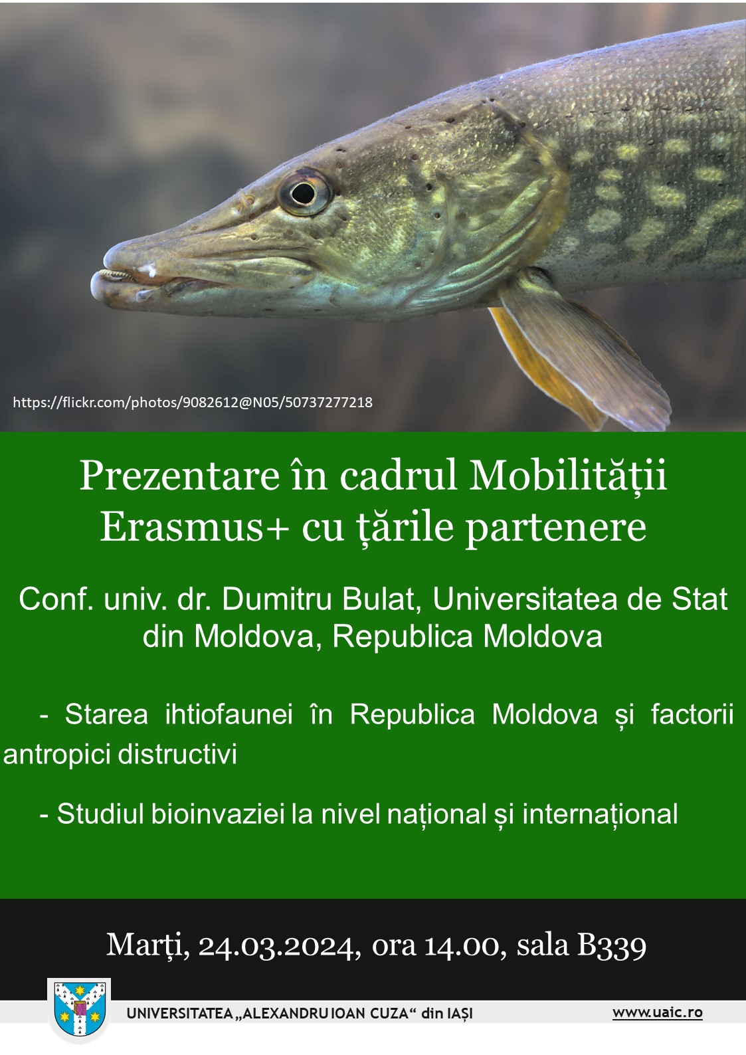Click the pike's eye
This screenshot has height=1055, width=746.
(304, 192)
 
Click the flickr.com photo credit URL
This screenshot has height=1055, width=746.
(193, 402)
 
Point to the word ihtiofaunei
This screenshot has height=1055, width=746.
(229, 714)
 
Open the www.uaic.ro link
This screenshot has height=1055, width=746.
(658, 1012)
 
